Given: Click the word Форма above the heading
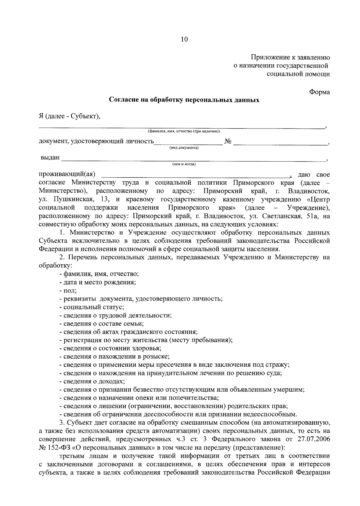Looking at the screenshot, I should (319, 92).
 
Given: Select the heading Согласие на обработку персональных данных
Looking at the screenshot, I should (184, 100).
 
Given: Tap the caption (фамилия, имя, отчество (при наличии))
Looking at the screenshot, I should (184, 131).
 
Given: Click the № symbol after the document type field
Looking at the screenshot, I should (228, 141).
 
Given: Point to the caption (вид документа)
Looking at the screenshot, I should (184, 148).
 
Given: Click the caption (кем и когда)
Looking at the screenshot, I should (184, 164).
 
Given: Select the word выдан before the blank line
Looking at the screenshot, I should (50, 158).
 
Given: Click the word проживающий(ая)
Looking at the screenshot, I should (67, 174).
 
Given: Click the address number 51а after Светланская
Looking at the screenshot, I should (309, 216).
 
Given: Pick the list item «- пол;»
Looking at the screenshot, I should (68, 290).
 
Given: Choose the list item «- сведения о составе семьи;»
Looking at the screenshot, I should (102, 324).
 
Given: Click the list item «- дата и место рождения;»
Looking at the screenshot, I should (98, 282).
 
